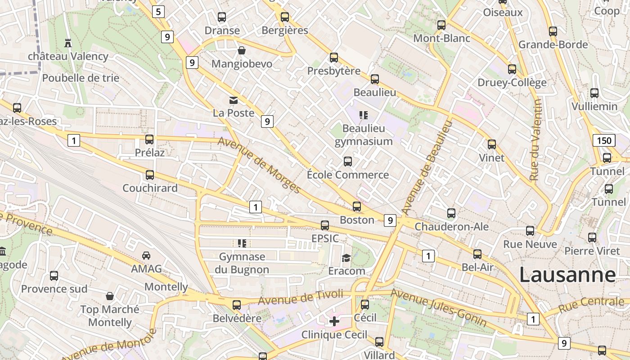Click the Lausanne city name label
point(567,274)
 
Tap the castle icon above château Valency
point(68,43)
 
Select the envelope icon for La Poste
point(234,100)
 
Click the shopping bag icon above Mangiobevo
point(242,50)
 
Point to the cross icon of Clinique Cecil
point(334,321)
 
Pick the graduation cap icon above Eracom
point(346,258)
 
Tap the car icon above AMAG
point(146,256)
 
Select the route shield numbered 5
point(158,12)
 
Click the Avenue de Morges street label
point(260,165)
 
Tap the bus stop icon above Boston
point(357,207)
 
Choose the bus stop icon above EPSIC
point(325,225)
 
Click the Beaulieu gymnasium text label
point(364,135)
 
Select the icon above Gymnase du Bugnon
point(242,243)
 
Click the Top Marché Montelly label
point(110,316)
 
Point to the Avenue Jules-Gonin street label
point(438,308)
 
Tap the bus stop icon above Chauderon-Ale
point(451,213)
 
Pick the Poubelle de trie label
point(81,78)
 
